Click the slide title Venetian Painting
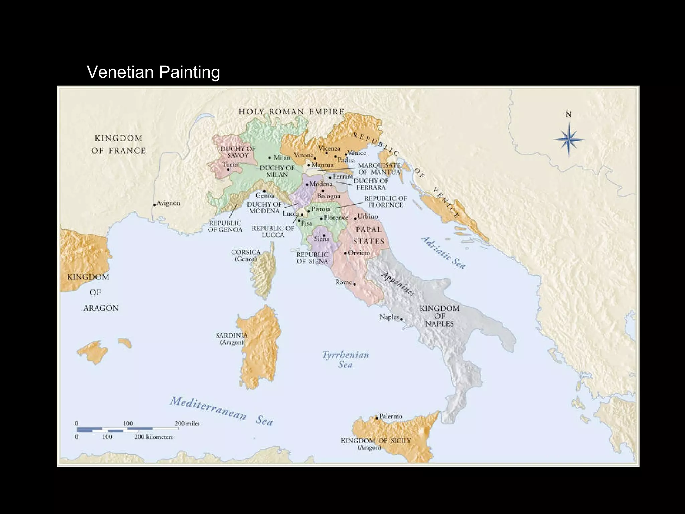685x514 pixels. coord(153,72)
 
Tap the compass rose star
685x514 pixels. coord(568,140)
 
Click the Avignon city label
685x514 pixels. coord(168,203)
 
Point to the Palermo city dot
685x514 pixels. coord(376,418)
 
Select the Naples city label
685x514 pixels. coord(389,317)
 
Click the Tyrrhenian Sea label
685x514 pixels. coord(346,360)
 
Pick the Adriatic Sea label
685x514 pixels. coord(443,253)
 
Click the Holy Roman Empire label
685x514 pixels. coord(291,112)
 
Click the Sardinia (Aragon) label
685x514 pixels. coord(231,339)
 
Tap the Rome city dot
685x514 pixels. coord(354,284)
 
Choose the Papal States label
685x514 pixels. coord(368,235)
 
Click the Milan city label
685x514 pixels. coord(282,157)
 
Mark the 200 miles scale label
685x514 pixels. coord(187,423)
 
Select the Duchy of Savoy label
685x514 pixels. coord(238,152)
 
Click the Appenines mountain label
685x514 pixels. coord(398,284)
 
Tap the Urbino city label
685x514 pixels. coord(367,216)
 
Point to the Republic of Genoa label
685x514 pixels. coord(225,226)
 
